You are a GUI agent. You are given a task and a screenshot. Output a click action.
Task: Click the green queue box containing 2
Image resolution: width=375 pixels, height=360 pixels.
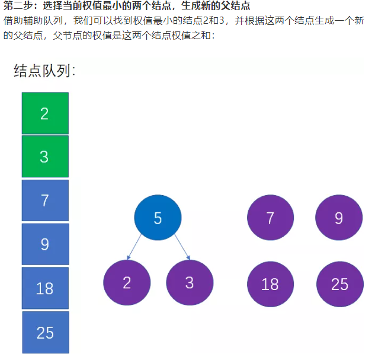click(45, 113)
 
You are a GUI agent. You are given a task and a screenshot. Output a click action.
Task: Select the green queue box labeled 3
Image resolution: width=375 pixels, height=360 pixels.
click(45, 157)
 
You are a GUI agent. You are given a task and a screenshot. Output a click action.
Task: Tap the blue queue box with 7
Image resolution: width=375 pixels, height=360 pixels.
click(45, 200)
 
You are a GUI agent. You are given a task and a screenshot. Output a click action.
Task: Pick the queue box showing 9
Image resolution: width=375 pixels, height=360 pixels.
click(46, 244)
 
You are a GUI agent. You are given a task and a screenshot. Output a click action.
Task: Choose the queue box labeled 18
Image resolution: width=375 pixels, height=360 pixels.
click(45, 288)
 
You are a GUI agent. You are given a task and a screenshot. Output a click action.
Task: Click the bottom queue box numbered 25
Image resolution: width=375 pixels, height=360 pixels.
click(46, 332)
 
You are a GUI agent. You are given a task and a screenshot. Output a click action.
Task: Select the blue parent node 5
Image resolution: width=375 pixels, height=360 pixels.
click(158, 217)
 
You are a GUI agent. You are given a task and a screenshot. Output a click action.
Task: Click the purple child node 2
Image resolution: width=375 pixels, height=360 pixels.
click(127, 282)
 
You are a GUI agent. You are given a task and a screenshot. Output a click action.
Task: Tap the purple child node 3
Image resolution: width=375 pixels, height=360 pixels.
click(190, 282)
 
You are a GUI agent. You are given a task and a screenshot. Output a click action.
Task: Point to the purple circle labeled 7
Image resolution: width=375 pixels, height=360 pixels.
click(271, 217)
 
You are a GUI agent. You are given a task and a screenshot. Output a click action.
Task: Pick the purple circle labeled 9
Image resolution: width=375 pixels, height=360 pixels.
click(339, 217)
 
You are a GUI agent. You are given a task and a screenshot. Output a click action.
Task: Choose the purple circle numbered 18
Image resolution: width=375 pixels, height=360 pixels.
click(271, 284)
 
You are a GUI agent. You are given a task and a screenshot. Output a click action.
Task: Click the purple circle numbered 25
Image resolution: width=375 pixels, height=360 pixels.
click(340, 284)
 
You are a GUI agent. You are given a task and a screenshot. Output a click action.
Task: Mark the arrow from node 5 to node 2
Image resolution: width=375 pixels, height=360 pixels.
click(134, 247)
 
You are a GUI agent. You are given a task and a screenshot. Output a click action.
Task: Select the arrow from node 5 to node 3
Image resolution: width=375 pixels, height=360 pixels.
click(182, 247)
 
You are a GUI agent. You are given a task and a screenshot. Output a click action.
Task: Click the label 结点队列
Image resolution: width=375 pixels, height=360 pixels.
click(42, 71)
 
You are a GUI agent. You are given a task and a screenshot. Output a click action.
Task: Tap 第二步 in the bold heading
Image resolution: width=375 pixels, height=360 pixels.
click(18, 6)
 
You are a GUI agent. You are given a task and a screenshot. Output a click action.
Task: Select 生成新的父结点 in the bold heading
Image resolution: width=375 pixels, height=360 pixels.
click(216, 6)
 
